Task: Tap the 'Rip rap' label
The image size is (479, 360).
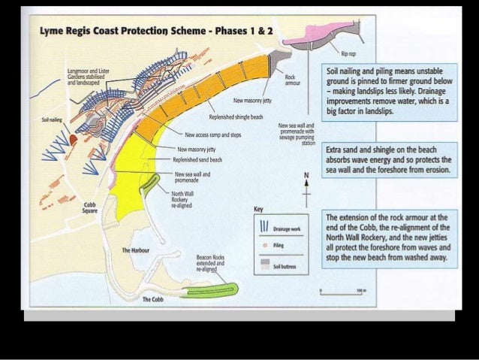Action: click(348, 55)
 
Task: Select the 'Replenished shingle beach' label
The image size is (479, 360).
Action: click(236, 118)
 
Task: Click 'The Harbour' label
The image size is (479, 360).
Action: click(136, 249)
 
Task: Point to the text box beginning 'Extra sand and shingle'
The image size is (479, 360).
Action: click(388, 161)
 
